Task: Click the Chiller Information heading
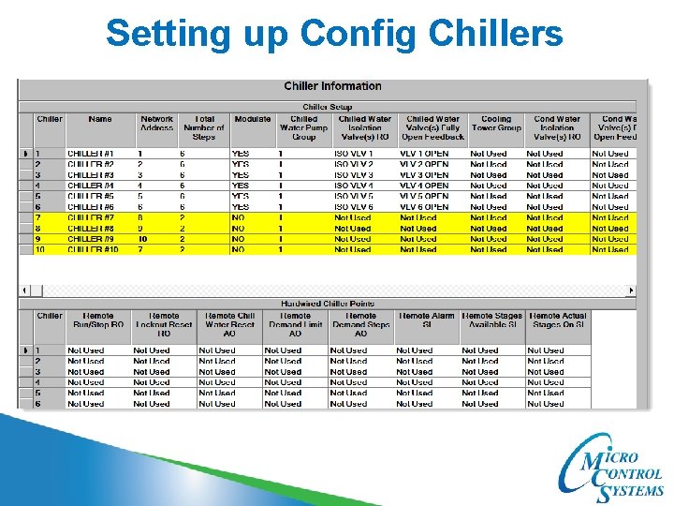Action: click(x=332, y=86)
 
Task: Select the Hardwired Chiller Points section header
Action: click(x=327, y=304)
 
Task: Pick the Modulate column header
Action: click(x=253, y=120)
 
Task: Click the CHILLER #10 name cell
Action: click(x=92, y=250)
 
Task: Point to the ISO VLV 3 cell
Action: click(x=354, y=175)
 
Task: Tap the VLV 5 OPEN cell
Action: click(x=424, y=197)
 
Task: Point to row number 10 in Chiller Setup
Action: click(x=40, y=250)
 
